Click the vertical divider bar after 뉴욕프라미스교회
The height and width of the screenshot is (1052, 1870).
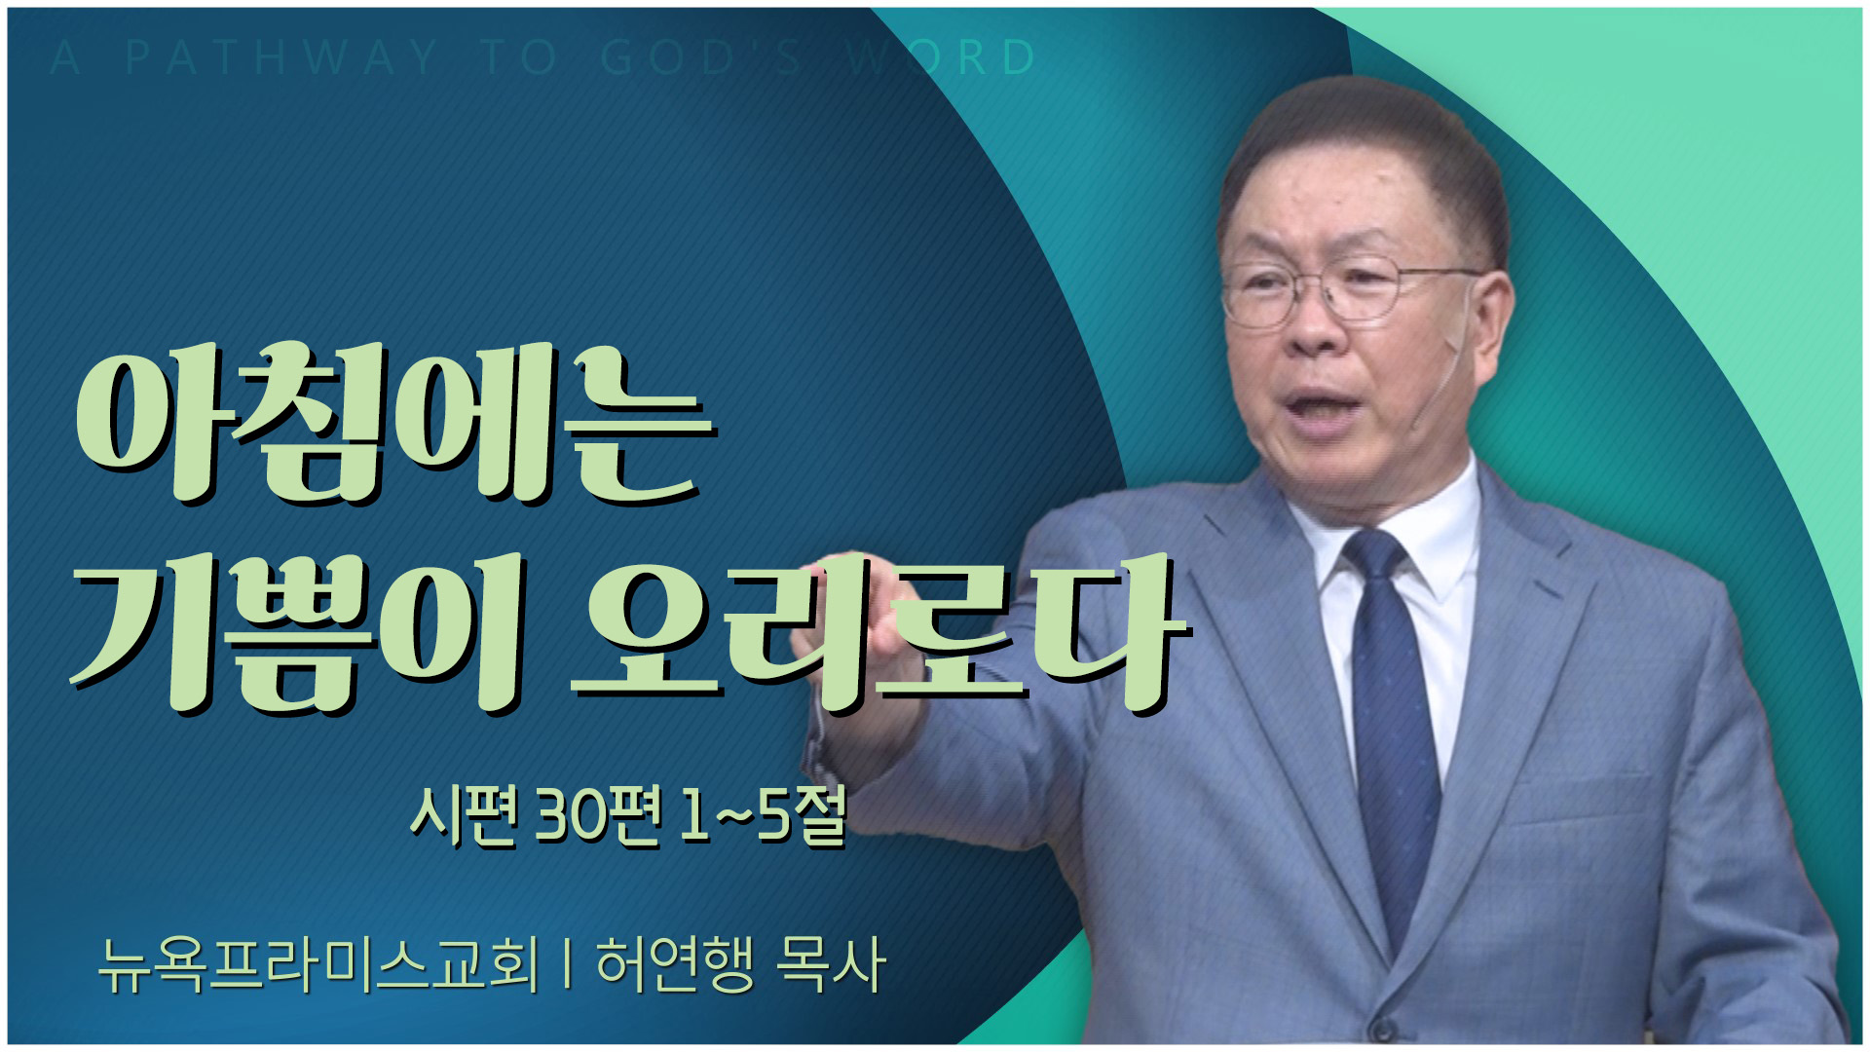[x=567, y=964]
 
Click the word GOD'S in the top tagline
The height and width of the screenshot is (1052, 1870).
[x=700, y=57]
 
